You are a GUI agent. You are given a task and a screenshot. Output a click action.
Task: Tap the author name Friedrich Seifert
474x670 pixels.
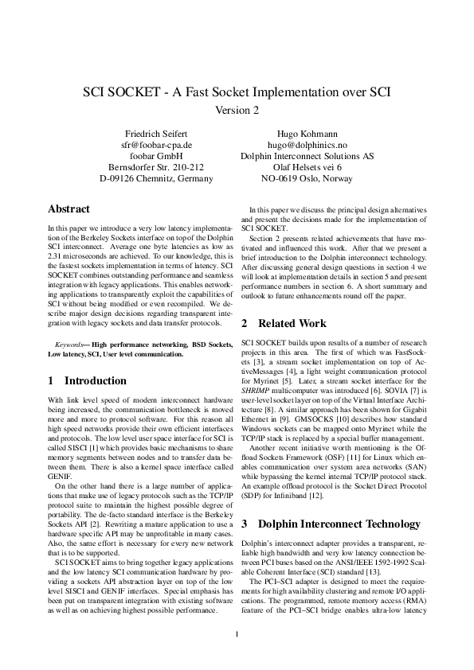156,133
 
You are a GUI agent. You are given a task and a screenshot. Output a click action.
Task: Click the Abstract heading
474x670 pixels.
69,209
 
